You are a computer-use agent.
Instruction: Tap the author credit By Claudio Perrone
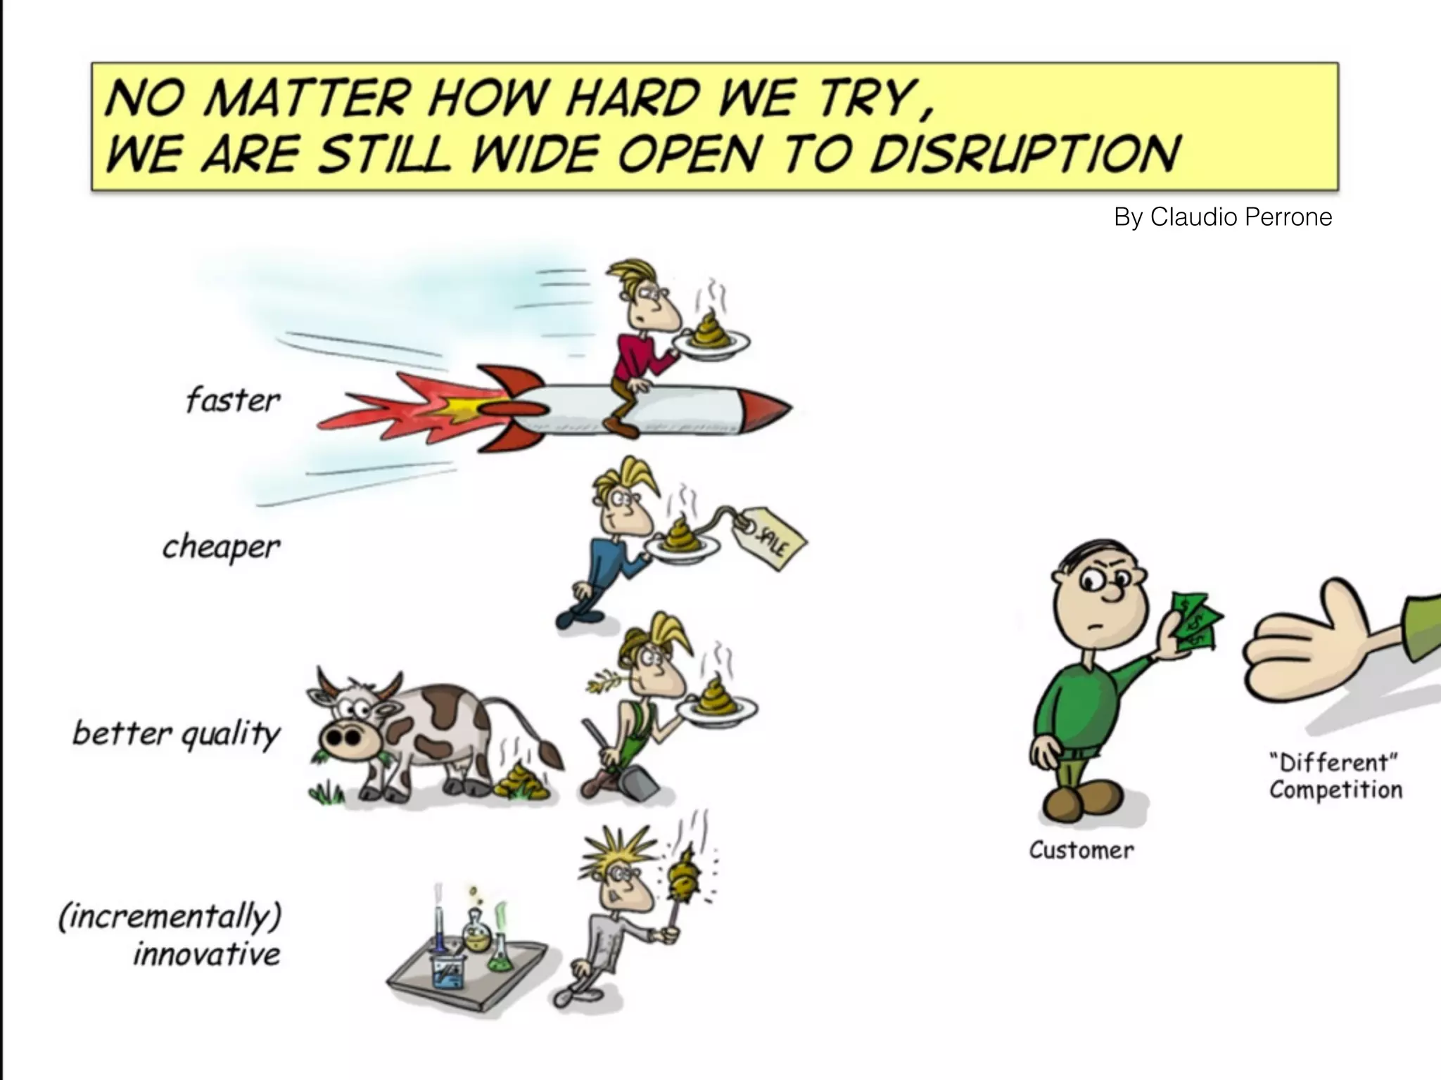click(x=1223, y=217)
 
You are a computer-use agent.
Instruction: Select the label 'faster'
click(x=233, y=401)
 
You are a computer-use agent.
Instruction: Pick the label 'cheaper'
click(x=221, y=546)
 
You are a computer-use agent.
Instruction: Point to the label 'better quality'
click(x=177, y=734)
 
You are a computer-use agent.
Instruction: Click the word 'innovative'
click(x=207, y=954)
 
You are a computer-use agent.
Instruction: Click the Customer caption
click(x=1081, y=850)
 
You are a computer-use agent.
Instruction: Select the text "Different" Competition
click(x=1335, y=776)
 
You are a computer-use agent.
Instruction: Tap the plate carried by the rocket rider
click(x=711, y=345)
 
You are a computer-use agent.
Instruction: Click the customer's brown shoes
click(x=1084, y=802)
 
